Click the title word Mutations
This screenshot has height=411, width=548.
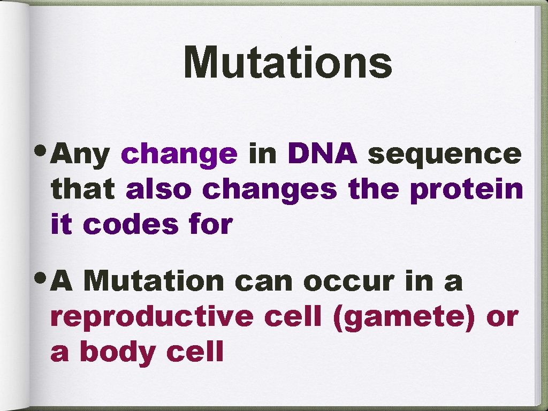tap(288, 63)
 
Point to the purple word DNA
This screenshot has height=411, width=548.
tap(322, 154)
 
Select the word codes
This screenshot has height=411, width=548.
tap(130, 225)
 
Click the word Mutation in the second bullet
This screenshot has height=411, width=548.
tap(154, 281)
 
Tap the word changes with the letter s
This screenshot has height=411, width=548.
tap(270, 190)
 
